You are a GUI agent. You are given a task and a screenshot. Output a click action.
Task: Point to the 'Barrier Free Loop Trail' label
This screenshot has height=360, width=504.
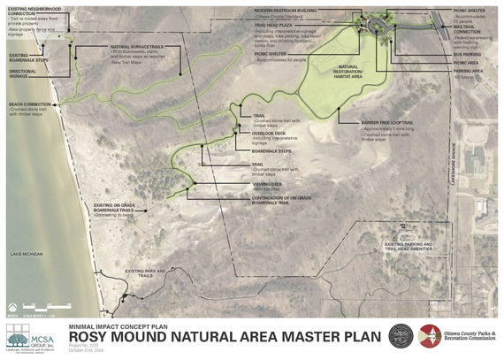383,121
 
